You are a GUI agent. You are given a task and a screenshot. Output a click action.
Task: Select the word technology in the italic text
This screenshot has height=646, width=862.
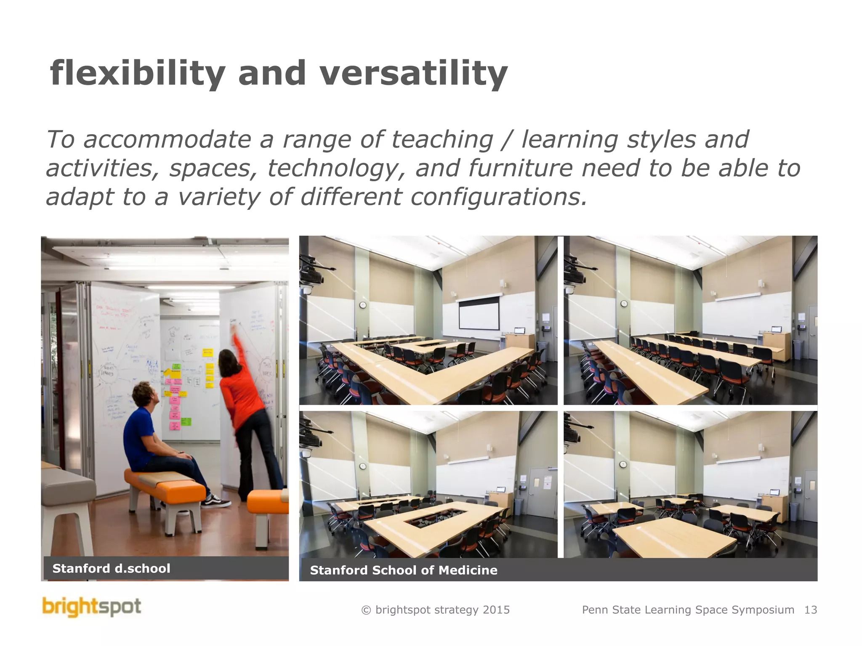coord(333,168)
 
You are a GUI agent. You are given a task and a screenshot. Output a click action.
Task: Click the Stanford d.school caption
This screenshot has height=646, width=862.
coord(111,569)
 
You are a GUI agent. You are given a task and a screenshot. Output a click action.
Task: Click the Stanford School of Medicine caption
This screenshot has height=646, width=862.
coord(403,570)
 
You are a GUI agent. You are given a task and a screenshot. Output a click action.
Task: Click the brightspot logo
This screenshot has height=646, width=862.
coord(92,607)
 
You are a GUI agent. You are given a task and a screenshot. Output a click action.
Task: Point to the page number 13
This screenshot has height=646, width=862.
coord(810,610)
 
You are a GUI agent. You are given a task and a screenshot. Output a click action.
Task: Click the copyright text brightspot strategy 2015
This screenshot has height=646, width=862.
coord(436,610)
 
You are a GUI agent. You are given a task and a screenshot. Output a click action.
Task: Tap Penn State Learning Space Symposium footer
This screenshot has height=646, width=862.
coord(688,610)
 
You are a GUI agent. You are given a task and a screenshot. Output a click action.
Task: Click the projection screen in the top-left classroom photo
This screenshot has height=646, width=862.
coord(479,313)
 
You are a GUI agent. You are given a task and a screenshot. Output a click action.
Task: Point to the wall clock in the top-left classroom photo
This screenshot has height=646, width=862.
coord(363,305)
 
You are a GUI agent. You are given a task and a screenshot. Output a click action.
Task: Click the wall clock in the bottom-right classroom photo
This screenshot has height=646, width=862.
coord(623,464)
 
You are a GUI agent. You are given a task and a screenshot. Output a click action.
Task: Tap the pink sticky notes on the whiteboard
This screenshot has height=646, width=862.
coord(174,404)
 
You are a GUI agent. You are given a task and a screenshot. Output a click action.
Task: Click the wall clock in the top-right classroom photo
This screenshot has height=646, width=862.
coord(624,303)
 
